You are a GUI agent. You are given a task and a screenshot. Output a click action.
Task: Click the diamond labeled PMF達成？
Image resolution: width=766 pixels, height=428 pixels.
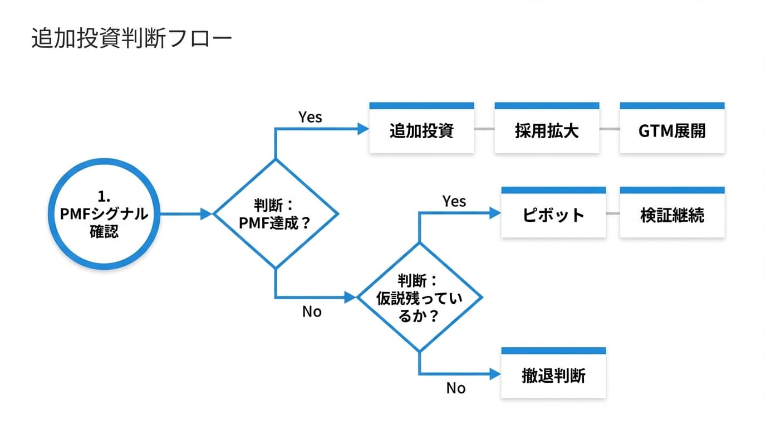276,214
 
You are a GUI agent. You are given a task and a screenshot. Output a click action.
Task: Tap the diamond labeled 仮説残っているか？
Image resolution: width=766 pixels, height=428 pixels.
419,298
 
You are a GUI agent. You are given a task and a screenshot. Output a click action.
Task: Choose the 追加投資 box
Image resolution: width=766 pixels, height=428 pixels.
421,130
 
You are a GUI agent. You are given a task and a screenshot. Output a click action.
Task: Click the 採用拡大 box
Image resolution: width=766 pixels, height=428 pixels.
547,130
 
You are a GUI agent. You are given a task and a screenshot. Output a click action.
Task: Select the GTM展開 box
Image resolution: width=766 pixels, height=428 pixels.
672,130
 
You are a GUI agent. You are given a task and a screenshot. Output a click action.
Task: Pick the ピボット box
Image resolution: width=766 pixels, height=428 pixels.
553,215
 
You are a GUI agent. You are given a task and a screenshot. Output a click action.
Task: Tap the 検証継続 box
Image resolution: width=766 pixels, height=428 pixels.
672,215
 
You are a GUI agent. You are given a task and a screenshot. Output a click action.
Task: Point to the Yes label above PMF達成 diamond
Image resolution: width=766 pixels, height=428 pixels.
310,117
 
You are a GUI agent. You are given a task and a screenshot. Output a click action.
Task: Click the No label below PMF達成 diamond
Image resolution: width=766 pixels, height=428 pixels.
312,312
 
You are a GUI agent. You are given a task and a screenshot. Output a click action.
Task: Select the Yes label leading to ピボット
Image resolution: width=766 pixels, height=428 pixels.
454,201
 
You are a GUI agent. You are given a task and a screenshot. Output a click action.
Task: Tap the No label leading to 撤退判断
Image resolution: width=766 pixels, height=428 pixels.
455,388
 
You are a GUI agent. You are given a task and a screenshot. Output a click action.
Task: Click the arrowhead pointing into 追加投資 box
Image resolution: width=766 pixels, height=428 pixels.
363,129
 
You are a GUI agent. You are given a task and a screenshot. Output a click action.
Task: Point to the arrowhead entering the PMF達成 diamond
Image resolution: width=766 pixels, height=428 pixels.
207,213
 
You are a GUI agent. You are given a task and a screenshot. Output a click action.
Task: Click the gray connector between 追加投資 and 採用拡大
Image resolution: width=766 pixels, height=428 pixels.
484,129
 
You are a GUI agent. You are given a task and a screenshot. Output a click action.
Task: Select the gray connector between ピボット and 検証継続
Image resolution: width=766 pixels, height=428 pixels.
612,213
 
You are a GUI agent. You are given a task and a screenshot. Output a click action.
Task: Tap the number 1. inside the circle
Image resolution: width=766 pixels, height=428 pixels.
104,196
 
